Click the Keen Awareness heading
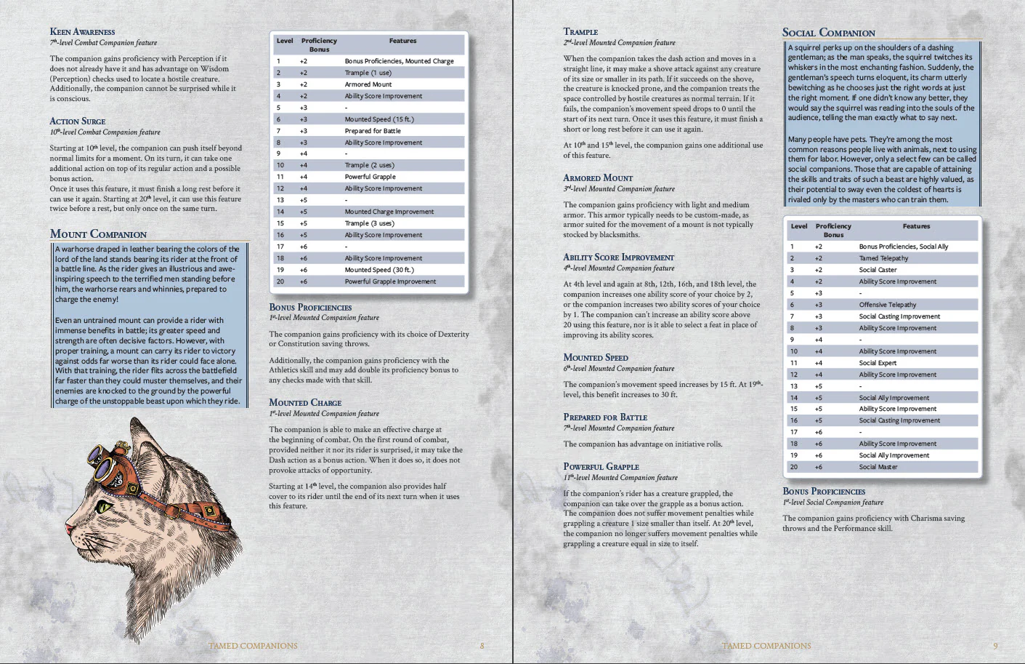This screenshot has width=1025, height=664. (x=82, y=32)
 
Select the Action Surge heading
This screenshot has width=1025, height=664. (x=78, y=121)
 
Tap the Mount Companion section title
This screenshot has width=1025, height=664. (x=98, y=234)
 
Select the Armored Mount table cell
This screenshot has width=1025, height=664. (x=368, y=84)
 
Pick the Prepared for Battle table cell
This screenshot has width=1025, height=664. (x=372, y=131)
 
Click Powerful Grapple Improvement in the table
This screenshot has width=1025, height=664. (x=390, y=281)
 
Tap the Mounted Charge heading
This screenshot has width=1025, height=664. (x=305, y=403)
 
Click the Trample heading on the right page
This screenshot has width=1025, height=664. (x=580, y=32)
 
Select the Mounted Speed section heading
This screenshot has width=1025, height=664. (x=596, y=358)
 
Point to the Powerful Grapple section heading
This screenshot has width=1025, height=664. (x=601, y=467)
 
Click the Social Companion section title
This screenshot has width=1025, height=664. (x=828, y=33)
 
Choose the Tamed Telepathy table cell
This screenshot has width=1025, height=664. (x=883, y=258)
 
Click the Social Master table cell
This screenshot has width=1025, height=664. (x=878, y=467)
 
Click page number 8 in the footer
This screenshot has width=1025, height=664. (x=482, y=646)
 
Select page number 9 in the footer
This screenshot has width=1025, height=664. (x=995, y=646)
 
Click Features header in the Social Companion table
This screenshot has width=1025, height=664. (x=916, y=226)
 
